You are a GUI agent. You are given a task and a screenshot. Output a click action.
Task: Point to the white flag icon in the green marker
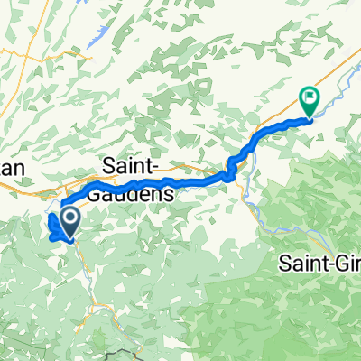point(310,95)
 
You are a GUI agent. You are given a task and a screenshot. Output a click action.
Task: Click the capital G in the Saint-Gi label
point(347,264)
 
